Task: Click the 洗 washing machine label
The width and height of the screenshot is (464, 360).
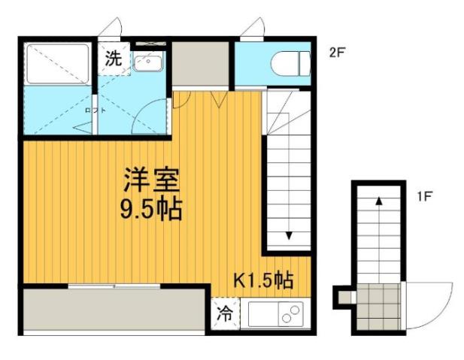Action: (x=113, y=59)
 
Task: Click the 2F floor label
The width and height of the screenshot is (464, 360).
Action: (x=335, y=53)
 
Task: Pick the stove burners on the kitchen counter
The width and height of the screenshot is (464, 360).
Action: (x=290, y=315)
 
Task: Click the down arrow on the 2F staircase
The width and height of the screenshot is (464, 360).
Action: (x=289, y=235)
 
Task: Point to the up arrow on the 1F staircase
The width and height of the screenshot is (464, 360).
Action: (x=378, y=201)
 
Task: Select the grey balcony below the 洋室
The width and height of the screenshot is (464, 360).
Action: (x=113, y=309)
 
